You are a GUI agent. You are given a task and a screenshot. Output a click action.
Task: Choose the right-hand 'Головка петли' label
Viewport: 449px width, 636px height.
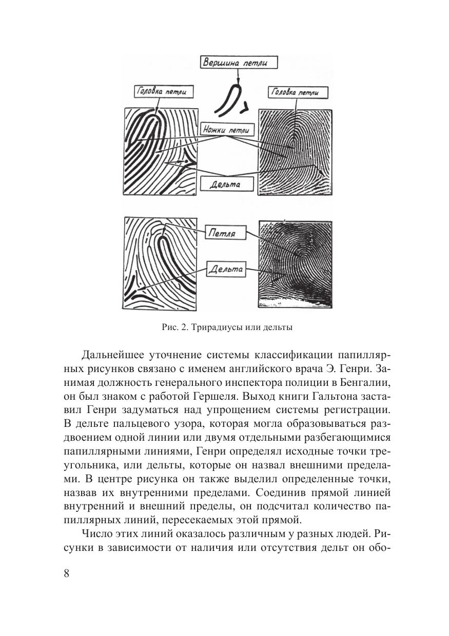click(x=293, y=92)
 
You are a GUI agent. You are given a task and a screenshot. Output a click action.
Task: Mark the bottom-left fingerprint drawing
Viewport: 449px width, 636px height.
click(x=160, y=263)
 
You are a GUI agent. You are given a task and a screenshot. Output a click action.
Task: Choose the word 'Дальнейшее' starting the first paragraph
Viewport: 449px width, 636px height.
click(x=115, y=355)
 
